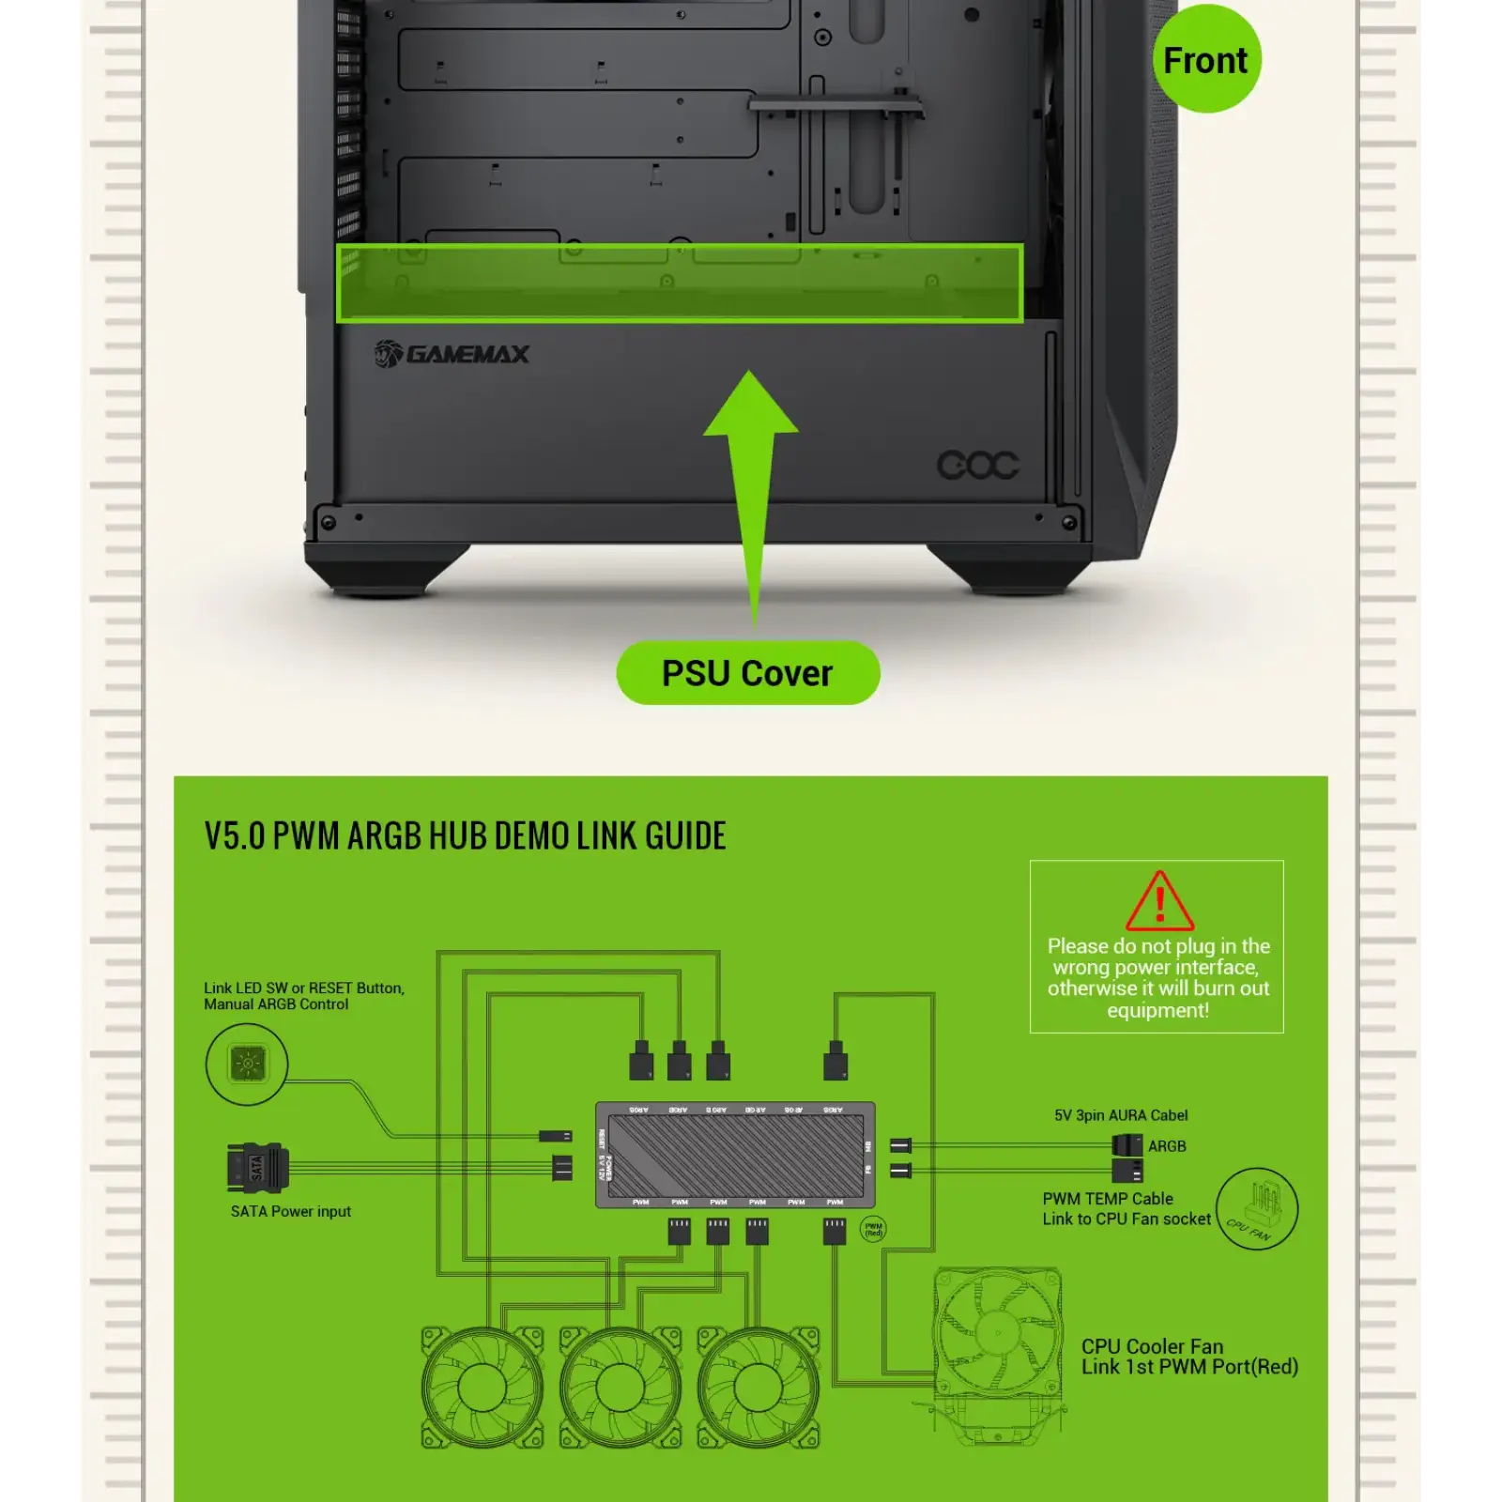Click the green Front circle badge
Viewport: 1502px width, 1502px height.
[1206, 59]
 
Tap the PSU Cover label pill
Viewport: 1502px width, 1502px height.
[747, 673]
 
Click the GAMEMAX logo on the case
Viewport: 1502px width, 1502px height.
[452, 354]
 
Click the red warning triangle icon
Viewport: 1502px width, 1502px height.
[1159, 901]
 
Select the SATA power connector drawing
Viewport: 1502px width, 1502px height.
[257, 1168]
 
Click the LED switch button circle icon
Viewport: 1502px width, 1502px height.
[247, 1064]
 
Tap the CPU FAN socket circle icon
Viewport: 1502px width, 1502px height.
[1256, 1209]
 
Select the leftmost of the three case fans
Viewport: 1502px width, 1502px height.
[482, 1387]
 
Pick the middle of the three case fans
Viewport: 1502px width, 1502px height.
[620, 1387]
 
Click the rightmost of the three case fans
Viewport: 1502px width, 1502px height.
[758, 1387]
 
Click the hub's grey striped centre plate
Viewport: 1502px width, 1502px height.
[735, 1155]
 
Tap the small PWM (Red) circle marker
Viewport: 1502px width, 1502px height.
[873, 1229]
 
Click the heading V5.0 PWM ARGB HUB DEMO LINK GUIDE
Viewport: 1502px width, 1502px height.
[465, 835]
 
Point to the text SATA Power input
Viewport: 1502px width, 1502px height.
[291, 1211]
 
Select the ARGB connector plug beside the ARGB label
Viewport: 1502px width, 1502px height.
[1126, 1145]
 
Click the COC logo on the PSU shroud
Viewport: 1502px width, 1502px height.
[977, 465]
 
